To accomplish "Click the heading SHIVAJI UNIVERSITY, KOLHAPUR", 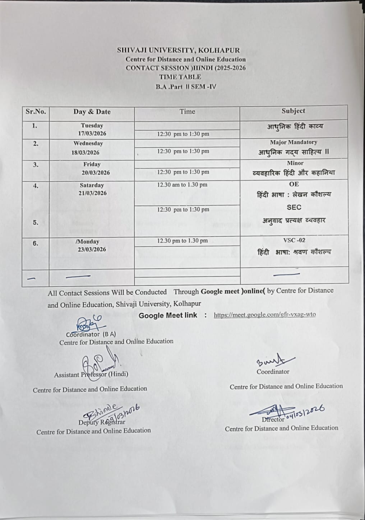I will click(178, 51).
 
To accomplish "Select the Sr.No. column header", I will click(36, 111).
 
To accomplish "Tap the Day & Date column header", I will click(92, 112).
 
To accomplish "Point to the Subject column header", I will click(293, 111).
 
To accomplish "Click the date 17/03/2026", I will click(92, 134).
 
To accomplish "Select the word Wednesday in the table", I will click(88, 143).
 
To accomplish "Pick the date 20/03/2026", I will click(96, 173).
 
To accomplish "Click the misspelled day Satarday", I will click(92, 185).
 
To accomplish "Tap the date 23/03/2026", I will click(92, 249).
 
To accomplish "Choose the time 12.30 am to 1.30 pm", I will click(182, 185).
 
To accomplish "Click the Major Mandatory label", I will click(294, 142).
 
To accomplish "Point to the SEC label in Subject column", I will click(294, 207).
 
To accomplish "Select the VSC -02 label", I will click(294, 240).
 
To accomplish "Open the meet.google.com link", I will click(264, 315).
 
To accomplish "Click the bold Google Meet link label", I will click(168, 315).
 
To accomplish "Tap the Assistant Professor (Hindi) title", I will click(91, 374).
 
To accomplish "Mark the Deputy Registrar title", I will click(102, 422).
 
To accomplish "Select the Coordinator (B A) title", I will click(91, 334).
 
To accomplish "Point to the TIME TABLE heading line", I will click(180, 77).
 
